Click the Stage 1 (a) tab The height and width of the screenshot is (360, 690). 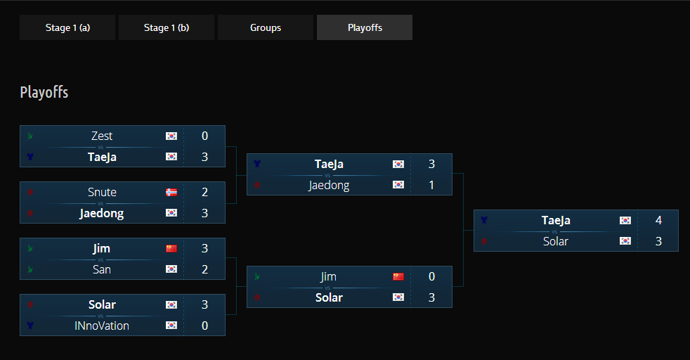pyautogui.click(x=67, y=28)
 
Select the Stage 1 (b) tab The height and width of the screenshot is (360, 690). pyautogui.click(x=167, y=28)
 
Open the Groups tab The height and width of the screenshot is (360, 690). pyautogui.click(x=266, y=28)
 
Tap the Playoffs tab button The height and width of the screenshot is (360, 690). pyautogui.click(x=365, y=28)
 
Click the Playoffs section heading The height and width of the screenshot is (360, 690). pyautogui.click(x=44, y=92)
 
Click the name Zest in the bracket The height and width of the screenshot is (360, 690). pyautogui.click(x=102, y=136)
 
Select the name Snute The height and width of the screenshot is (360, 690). pyautogui.click(x=102, y=192)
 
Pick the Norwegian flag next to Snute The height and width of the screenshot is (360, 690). pyautogui.click(x=171, y=192)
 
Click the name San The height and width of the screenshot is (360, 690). pyautogui.click(x=102, y=269)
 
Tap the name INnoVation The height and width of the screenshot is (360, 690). pyautogui.click(x=102, y=326)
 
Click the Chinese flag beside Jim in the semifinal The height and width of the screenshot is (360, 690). pyautogui.click(x=398, y=276)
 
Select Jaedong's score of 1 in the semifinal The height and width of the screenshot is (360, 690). pyautogui.click(x=431, y=185)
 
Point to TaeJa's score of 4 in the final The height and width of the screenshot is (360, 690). pyautogui.click(x=658, y=220)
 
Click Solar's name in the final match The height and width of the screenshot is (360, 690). pyautogui.click(x=556, y=241)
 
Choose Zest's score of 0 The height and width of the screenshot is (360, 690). pyautogui.click(x=204, y=136)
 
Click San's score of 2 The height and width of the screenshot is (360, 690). pyautogui.click(x=204, y=269)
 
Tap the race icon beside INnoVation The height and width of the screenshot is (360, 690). pyautogui.click(x=30, y=326)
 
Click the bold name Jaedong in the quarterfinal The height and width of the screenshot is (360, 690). pyautogui.click(x=102, y=213)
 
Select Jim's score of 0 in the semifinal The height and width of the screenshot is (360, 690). pyautogui.click(x=431, y=276)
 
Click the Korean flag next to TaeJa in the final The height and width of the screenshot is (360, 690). pyautogui.click(x=625, y=220)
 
